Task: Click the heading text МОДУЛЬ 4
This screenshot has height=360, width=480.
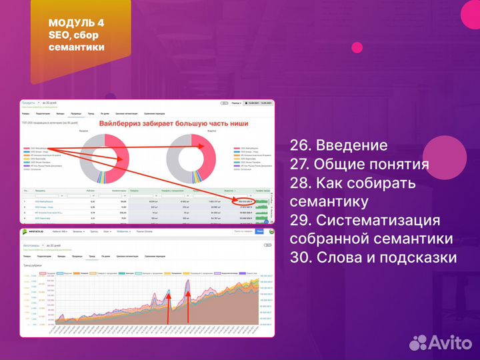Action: tap(76, 24)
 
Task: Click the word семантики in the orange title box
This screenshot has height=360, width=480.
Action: tap(77, 47)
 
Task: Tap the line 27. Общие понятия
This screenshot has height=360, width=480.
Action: tap(359, 165)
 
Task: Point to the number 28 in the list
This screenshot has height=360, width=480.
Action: tap(299, 183)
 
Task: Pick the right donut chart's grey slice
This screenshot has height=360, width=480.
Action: tap(177, 160)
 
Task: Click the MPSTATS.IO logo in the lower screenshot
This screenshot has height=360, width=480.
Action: tap(36, 232)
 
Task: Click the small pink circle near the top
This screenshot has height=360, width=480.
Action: tap(357, 47)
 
